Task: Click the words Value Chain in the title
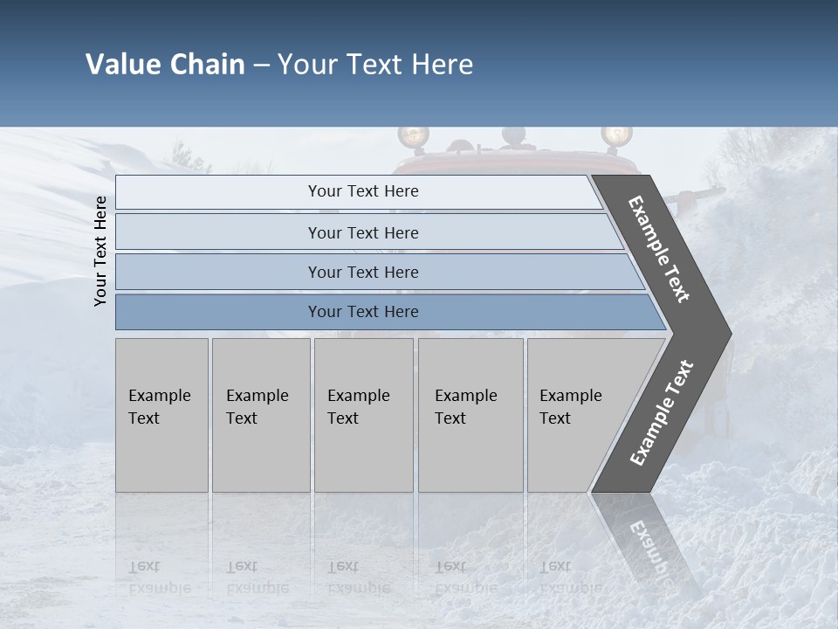(165, 65)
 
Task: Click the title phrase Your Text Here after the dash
(375, 65)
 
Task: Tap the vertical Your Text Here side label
(100, 251)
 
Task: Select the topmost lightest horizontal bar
(362, 191)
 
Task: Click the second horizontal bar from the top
(362, 232)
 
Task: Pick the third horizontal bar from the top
(362, 272)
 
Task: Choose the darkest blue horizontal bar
(362, 312)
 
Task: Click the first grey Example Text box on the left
(161, 415)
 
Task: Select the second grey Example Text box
(260, 415)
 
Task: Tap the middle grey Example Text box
(363, 415)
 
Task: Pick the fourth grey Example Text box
(470, 415)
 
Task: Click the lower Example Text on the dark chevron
(662, 412)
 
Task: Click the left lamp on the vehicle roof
(413, 136)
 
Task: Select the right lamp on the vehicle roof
(616, 136)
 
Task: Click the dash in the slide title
(261, 66)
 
